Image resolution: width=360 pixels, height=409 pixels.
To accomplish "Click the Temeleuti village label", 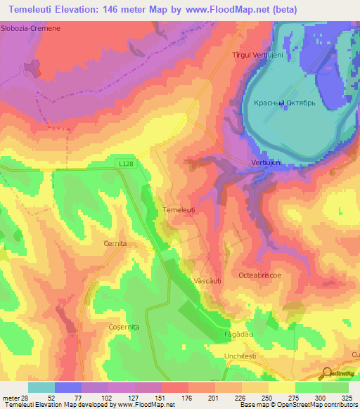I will click(x=183, y=210).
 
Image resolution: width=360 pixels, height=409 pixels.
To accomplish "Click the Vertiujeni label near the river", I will click(x=266, y=162).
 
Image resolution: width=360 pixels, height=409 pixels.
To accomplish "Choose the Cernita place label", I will click(x=114, y=243).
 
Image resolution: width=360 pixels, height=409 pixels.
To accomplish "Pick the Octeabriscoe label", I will click(x=259, y=275).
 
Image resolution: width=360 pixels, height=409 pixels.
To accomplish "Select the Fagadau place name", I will click(x=237, y=334).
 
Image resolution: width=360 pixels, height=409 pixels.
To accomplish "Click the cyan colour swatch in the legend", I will click(x=41, y=387).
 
